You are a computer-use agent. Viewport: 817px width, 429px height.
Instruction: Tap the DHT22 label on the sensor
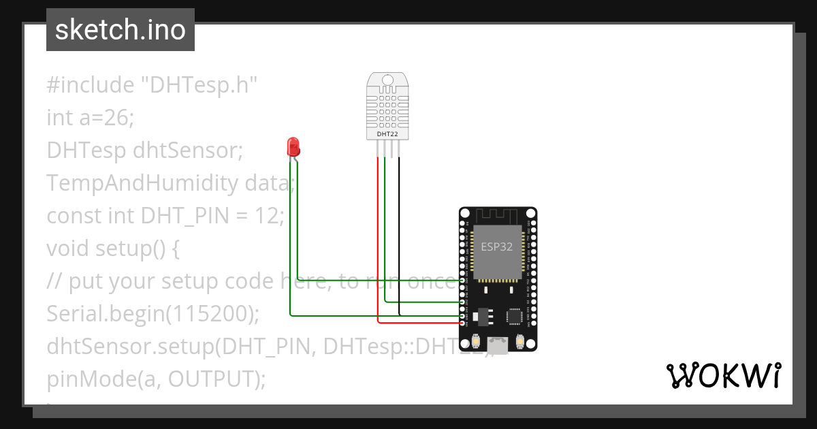point(387,134)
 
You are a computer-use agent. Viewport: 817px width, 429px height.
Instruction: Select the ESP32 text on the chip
point(496,247)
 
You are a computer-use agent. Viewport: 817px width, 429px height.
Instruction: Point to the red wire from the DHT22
point(378,238)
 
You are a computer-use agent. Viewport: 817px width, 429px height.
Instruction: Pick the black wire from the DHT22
point(400,238)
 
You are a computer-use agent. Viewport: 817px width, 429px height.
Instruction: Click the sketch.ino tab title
point(121,30)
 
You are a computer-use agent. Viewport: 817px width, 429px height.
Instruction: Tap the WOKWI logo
point(723,376)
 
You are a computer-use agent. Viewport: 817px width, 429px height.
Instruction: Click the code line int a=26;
point(91,118)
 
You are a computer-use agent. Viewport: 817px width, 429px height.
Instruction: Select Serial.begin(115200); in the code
point(153,313)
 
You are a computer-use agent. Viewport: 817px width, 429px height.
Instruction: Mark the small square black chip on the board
point(515,316)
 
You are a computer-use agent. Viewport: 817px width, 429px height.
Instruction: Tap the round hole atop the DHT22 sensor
point(387,80)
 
